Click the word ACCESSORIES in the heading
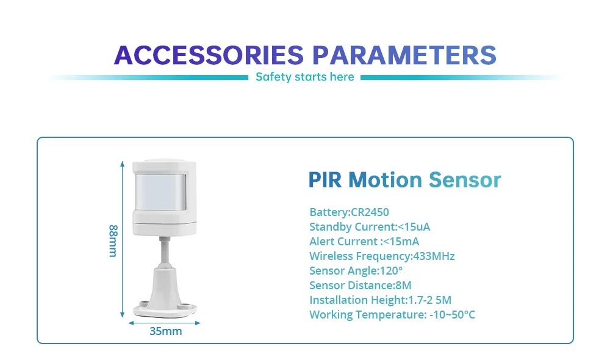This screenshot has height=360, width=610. pos(209,55)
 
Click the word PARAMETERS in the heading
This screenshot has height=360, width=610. pos(404,55)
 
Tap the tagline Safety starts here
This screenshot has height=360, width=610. pos(304,77)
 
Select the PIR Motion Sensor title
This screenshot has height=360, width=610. pos(404,180)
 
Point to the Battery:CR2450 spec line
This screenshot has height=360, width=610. pos(349,212)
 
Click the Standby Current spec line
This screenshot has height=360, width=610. pos(370,226)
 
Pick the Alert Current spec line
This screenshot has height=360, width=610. pos(364,241)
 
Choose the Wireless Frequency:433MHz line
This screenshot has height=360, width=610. pos(382,256)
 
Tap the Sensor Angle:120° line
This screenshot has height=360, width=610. pos(356,270)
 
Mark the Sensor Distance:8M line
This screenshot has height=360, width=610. pos(361,286)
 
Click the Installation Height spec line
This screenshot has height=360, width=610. pos(381,300)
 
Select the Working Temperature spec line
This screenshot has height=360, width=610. pos(392,314)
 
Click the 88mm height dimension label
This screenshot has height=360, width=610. pos(113,240)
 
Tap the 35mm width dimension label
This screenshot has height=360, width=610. pos(166,331)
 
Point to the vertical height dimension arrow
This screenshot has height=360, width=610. pos(122,239)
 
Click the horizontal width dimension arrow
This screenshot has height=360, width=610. pos(164,323)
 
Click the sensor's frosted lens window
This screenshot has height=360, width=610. pos(160,192)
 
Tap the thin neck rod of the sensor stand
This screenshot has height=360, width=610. pos(165,250)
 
